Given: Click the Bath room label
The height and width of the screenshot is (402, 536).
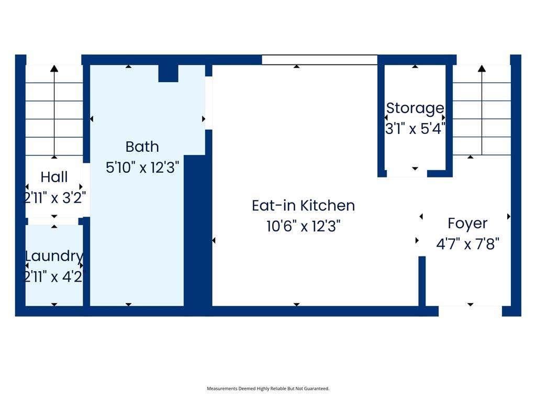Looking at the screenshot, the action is (142, 147).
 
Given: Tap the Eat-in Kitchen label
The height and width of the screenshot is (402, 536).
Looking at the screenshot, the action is (303, 206).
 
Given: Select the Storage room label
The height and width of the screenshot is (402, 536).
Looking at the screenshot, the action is (415, 108).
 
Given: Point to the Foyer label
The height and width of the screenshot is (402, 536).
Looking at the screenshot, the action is (467, 224).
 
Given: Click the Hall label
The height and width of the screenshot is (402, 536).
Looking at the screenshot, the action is (54, 177).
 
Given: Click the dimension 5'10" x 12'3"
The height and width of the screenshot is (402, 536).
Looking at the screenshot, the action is (142, 168).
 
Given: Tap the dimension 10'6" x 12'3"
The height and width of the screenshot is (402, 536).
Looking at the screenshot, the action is (303, 226).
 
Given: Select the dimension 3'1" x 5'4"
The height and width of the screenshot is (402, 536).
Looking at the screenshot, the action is (415, 129).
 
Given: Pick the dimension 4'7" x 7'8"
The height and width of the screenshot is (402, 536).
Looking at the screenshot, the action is (467, 244).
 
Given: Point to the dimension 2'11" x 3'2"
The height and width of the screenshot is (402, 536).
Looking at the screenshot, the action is (54, 198).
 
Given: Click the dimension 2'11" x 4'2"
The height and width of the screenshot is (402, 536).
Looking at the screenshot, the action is (54, 276).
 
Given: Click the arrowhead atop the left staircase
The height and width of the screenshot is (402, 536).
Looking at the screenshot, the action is (54, 69).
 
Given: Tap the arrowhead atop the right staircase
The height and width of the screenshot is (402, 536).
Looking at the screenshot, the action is (482, 69).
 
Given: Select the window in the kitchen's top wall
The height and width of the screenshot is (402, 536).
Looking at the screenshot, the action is (320, 60).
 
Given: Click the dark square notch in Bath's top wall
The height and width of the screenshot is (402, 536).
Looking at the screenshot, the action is (168, 73).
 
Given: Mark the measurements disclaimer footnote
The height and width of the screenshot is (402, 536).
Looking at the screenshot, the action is (268, 388).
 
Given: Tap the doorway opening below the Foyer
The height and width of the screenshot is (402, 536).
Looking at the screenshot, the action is (470, 311).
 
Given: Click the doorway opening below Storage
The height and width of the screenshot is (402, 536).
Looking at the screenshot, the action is (407, 174).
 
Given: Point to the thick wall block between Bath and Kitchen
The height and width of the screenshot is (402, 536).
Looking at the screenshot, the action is (198, 231).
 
